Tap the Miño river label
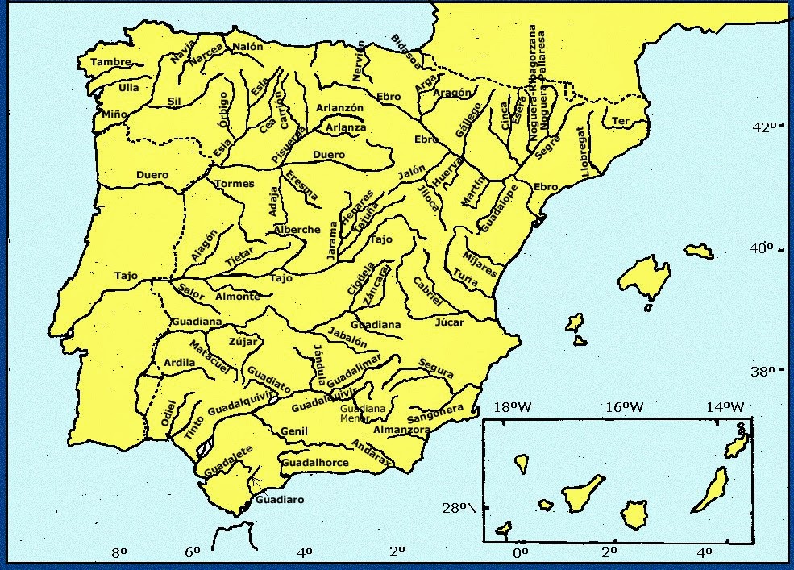114,114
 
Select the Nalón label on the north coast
247,47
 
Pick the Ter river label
620,121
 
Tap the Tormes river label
235,183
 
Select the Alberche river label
297,230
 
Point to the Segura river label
436,369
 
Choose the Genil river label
294,431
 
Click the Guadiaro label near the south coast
279,500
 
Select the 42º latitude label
763,127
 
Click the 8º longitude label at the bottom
119,552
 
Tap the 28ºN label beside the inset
458,508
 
